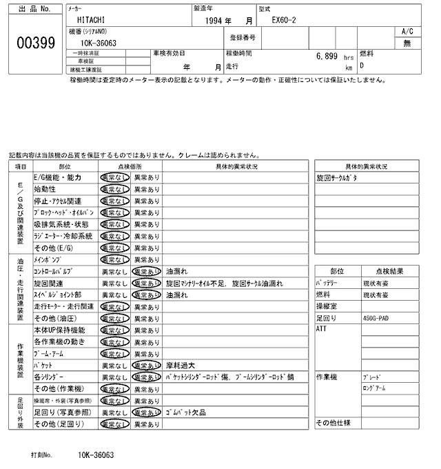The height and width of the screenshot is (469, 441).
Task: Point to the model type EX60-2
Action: click(x=284, y=20)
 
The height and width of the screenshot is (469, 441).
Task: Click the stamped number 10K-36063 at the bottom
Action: click(x=96, y=456)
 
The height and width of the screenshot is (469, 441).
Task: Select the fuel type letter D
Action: click(x=362, y=66)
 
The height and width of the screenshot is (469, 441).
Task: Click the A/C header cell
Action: click(x=407, y=32)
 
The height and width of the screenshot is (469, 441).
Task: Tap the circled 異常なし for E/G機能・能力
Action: click(x=114, y=177)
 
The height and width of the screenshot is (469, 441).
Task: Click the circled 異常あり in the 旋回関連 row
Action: click(x=147, y=283)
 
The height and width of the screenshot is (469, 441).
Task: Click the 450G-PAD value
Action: click(x=376, y=319)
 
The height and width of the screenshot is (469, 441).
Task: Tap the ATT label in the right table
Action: click(x=321, y=330)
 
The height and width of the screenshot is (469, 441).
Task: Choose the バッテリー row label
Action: click(x=327, y=283)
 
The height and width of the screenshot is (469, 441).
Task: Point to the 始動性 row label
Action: click(x=45, y=189)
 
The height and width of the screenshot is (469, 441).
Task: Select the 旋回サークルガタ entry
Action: click(x=338, y=178)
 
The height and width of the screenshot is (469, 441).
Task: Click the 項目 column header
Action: click(x=21, y=166)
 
